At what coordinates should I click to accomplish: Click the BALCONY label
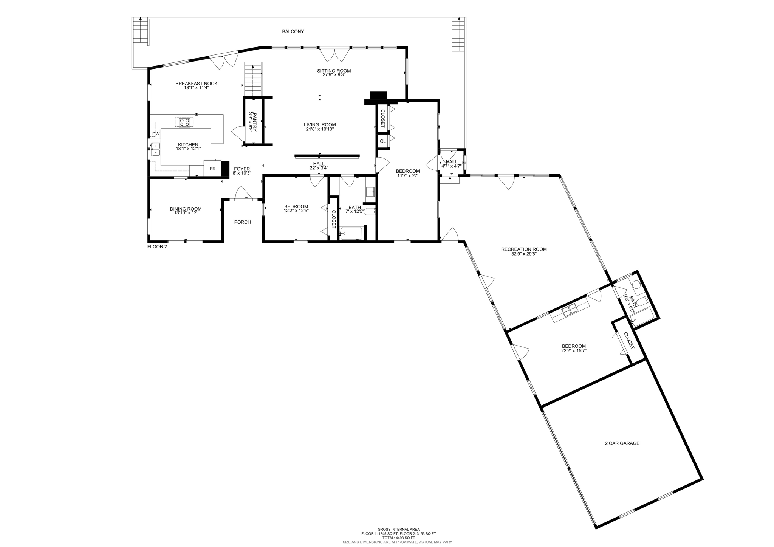coord(293,31)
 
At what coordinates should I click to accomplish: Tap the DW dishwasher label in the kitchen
coord(156,134)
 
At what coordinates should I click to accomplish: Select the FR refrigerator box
coord(212,169)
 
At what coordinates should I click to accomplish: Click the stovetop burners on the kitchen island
coord(184,122)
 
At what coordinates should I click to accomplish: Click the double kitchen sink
coord(156,149)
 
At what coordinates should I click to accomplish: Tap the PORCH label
coord(242,222)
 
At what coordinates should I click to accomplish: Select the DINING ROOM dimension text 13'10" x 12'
coord(185,213)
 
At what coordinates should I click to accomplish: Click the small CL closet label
coord(382,141)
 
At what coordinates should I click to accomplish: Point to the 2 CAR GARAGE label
coord(622,443)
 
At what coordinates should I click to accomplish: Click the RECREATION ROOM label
coord(523,249)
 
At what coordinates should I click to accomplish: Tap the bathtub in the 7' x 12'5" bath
coord(351,234)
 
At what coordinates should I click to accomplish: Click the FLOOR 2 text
coord(157,247)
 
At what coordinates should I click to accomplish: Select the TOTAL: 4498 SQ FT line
coord(398,538)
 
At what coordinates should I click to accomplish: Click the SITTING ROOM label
coord(334,71)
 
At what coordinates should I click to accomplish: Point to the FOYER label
coord(241,169)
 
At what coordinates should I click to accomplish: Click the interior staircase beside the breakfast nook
coord(252,81)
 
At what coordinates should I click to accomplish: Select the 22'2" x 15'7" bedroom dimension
coord(574,351)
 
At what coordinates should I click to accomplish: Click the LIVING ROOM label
coord(320,125)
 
